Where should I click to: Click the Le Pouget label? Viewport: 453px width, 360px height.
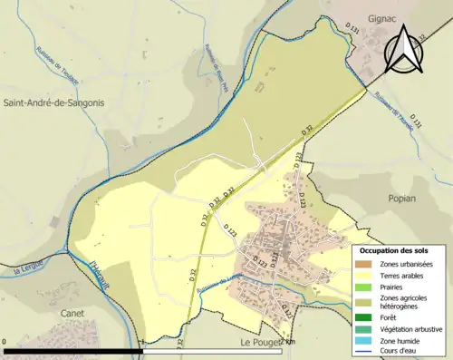coord(261,343)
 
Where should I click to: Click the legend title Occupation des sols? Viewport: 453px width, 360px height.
coord(394,249)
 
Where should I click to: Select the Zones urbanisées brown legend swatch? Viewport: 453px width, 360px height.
coord(367,264)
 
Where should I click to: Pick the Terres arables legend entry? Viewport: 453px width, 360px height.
coord(404,276)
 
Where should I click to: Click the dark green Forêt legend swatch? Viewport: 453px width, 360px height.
coord(367,317)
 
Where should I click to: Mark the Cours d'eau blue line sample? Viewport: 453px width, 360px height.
coord(367,353)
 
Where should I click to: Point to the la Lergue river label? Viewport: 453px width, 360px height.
coord(29,269)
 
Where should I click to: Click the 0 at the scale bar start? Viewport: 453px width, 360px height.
coord(5,343)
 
